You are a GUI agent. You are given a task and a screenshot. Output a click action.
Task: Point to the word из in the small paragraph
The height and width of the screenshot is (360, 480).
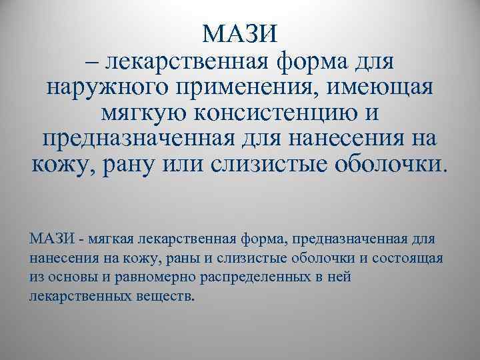(x=36, y=276)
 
